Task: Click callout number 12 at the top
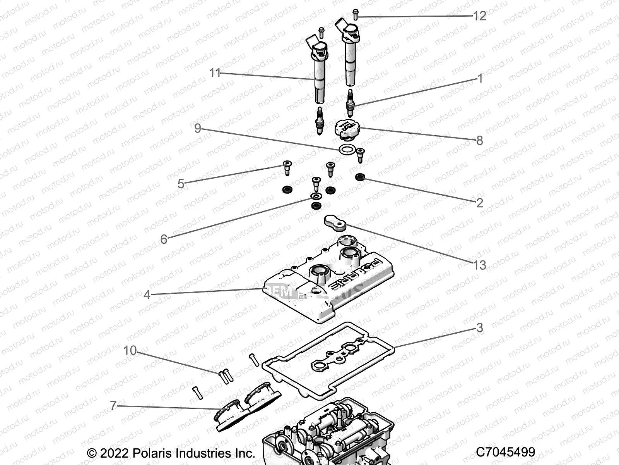click(x=479, y=16)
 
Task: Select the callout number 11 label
click(x=215, y=73)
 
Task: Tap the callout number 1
click(x=480, y=79)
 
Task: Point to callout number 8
click(x=480, y=140)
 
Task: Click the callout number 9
click(x=198, y=128)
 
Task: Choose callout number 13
click(x=480, y=265)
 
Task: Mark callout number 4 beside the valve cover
click(x=147, y=295)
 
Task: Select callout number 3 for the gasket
click(x=480, y=328)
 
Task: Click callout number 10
click(x=130, y=351)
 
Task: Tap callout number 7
click(x=113, y=406)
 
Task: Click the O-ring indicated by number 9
click(x=347, y=149)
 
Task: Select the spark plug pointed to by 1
click(x=351, y=103)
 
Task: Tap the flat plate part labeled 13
click(x=334, y=222)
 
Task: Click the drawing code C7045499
click(x=505, y=452)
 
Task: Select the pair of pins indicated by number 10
click(x=225, y=376)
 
